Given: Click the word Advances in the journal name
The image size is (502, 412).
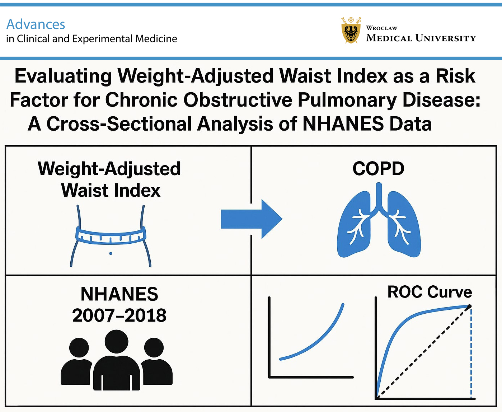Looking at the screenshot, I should pyautogui.click(x=36, y=24).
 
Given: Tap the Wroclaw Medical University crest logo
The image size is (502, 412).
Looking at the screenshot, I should pyautogui.click(x=351, y=31).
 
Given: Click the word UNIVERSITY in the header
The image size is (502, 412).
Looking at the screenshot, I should pyautogui.click(x=446, y=38).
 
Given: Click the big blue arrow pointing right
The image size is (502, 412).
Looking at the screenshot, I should pyautogui.click(x=251, y=219).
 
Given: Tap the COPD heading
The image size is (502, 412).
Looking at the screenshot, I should pyautogui.click(x=378, y=169).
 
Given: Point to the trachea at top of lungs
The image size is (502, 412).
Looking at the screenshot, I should pyautogui.click(x=379, y=196).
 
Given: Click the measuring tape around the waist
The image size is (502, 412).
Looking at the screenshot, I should pyautogui.click(x=111, y=235).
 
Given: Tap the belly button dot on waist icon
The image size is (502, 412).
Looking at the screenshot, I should pyautogui.click(x=111, y=253).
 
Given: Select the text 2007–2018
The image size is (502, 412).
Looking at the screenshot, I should pyautogui.click(x=119, y=315).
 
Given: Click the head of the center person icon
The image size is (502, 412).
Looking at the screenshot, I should pyautogui.click(x=117, y=342).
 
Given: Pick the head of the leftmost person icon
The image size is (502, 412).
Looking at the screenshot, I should pyautogui.click(x=79, y=348).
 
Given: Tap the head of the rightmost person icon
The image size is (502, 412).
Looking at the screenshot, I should pyautogui.click(x=154, y=348).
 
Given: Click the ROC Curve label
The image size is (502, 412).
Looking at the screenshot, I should pyautogui.click(x=430, y=292).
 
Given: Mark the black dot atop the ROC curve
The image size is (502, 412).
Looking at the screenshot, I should pyautogui.click(x=469, y=306).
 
